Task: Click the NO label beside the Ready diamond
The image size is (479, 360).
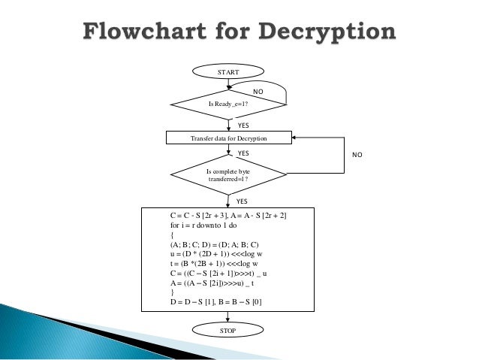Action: pyautogui.click(x=258, y=91)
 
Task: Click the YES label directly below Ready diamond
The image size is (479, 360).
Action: pyautogui.click(x=243, y=126)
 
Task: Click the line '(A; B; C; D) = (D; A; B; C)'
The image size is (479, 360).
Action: pyautogui.click(x=215, y=244)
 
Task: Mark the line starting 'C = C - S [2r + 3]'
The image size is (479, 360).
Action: pyautogui.click(x=233, y=215)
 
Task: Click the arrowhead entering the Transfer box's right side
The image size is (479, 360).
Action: pyautogui.click(x=294, y=138)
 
